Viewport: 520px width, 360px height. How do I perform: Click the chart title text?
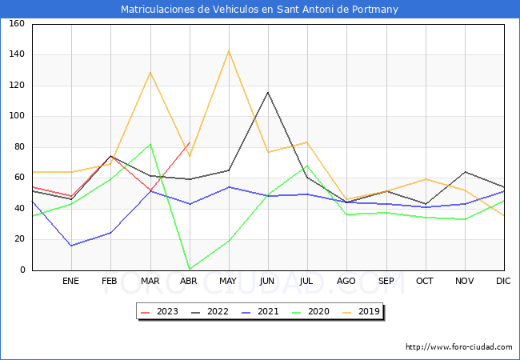tap(259, 10)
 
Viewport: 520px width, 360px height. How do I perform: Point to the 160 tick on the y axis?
tap(16, 24)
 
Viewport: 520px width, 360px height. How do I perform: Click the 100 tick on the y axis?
tap(16, 116)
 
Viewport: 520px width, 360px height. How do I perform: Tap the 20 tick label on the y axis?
tap(18, 240)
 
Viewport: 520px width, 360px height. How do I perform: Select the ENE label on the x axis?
tap(71, 282)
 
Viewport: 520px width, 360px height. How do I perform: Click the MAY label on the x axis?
tap(229, 282)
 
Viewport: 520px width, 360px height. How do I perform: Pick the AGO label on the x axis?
tap(347, 282)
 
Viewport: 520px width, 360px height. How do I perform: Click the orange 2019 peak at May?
tap(229, 51)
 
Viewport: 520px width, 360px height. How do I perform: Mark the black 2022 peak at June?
tap(268, 92)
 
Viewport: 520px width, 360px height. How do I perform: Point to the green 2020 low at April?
tap(190, 269)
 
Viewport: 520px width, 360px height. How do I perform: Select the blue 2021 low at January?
tap(71, 246)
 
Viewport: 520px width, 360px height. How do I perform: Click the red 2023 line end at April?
tap(190, 142)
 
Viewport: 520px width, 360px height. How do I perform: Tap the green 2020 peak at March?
tap(150, 144)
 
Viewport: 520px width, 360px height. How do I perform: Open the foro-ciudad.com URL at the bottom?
tap(459, 347)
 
